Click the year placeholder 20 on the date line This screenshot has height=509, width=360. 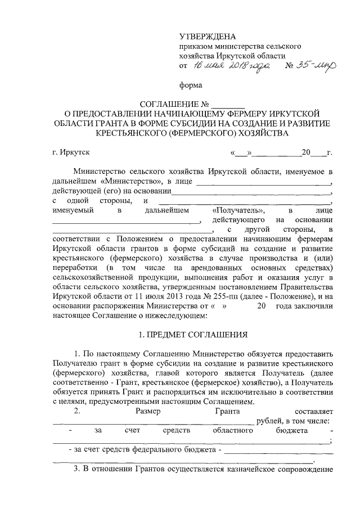pyautogui.click(x=306, y=152)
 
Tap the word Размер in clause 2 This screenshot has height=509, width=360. pyautogui.click(x=148, y=411)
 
